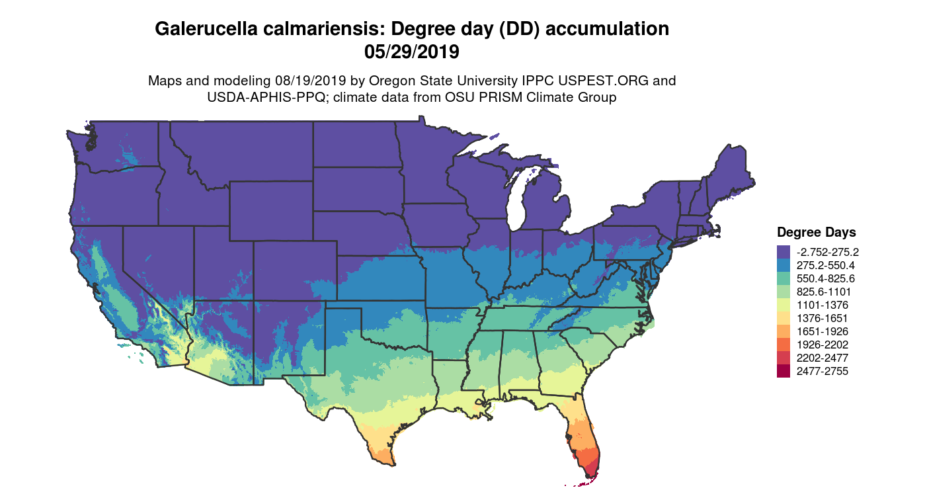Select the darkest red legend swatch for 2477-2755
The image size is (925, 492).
(x=784, y=371)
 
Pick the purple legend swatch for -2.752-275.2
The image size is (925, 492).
(x=784, y=252)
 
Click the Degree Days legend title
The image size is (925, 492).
(x=816, y=233)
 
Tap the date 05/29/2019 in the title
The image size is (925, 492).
(x=411, y=50)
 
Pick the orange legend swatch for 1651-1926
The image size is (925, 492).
(x=784, y=331)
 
